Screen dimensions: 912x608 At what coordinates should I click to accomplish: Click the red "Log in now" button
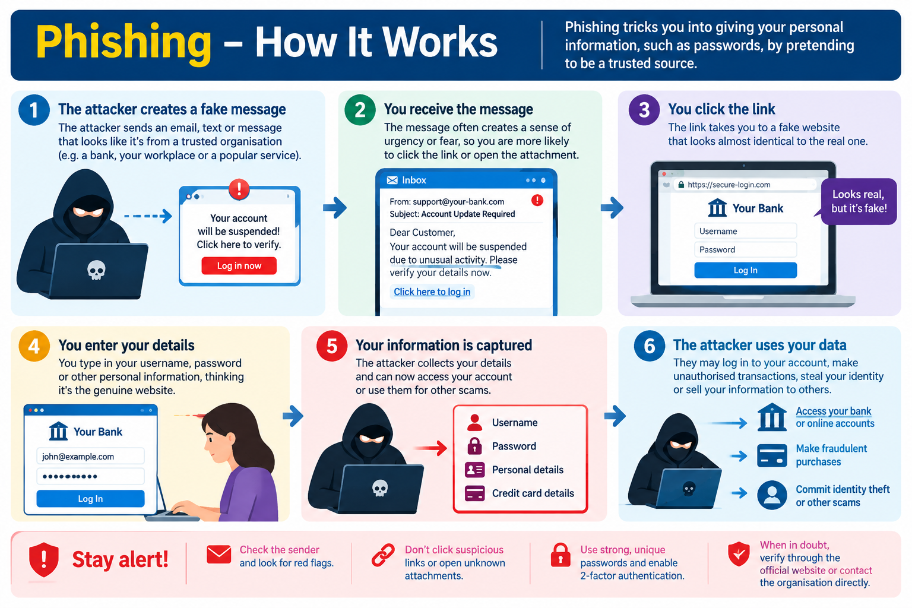coord(239,265)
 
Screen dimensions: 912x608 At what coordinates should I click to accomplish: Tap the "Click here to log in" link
coord(432,292)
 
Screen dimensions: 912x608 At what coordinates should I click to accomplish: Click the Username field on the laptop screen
coord(745,231)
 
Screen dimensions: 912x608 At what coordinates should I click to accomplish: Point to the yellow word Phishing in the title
coord(123,42)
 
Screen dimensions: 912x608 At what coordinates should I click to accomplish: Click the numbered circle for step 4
coord(34,346)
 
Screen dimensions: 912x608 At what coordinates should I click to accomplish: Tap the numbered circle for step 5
coord(332,346)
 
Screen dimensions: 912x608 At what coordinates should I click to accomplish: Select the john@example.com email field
coord(90,456)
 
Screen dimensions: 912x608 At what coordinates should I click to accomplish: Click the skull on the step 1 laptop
coord(96,270)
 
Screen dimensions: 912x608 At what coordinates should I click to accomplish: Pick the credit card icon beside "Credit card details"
coord(475,493)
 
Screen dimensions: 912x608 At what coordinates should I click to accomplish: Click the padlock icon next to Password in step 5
coord(475,446)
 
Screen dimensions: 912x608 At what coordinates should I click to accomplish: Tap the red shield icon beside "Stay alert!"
coord(43,559)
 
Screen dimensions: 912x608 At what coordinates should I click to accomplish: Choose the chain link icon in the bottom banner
coord(383,555)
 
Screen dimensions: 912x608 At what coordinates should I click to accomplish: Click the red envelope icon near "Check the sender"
coord(218,554)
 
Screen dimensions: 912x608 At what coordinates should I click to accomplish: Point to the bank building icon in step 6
coord(772,417)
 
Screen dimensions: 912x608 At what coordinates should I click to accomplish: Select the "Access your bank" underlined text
coord(834,411)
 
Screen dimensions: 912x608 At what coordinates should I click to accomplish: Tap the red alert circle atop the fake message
coord(239,189)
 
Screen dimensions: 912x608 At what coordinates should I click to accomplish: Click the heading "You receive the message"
coord(458,109)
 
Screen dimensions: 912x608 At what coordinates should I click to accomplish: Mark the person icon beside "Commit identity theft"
coord(772,495)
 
